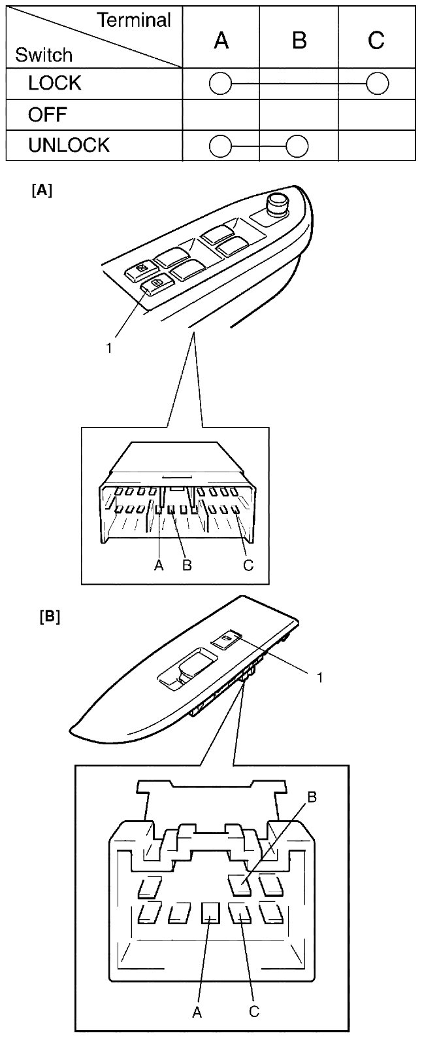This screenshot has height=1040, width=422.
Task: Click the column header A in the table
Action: (221, 41)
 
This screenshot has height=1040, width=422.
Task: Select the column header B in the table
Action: (299, 41)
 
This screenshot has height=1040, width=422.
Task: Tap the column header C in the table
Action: (376, 41)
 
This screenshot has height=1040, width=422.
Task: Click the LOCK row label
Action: (55, 83)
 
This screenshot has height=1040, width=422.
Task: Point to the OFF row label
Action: (47, 114)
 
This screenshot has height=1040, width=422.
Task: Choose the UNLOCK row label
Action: (69, 145)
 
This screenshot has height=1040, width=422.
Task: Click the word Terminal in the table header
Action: (133, 20)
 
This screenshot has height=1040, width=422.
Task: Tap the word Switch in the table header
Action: (44, 55)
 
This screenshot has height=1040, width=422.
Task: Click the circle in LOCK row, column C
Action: (377, 84)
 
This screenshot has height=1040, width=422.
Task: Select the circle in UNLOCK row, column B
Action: (297, 147)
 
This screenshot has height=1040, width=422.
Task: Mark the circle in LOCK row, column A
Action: (220, 84)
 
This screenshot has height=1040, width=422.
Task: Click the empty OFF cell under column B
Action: (299, 115)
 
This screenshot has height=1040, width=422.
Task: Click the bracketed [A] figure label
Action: (41, 190)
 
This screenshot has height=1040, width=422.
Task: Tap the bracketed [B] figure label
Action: (50, 617)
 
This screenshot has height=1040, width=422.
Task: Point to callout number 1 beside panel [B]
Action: (319, 678)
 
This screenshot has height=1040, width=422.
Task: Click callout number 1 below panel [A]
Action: (108, 348)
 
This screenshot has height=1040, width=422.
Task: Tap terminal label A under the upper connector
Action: (159, 565)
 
